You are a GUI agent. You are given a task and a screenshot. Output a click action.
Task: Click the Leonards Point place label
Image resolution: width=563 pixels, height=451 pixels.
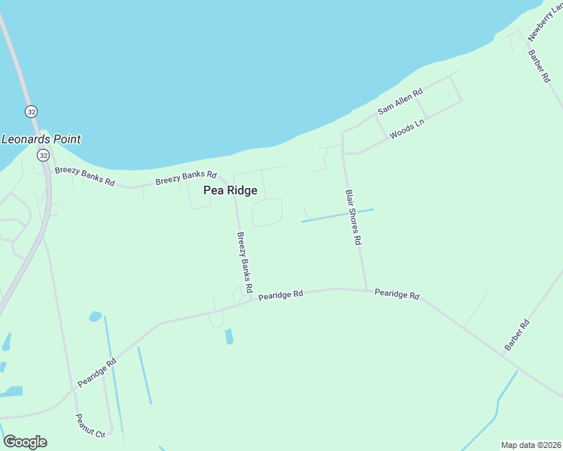[41, 139]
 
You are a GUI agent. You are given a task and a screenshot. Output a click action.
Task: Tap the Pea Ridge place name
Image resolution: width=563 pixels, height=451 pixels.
[230, 191]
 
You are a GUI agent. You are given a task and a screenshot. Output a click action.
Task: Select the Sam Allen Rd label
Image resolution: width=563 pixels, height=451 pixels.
[400, 101]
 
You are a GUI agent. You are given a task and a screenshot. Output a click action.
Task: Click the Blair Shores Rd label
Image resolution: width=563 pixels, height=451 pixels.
[354, 218]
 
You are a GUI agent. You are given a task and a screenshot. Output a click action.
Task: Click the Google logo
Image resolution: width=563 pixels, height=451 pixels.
[25, 442]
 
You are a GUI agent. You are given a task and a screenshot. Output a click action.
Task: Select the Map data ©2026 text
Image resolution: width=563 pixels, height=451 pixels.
[531, 445]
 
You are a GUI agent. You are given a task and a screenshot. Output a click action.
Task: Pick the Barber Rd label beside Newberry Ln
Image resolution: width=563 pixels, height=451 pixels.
[537, 66]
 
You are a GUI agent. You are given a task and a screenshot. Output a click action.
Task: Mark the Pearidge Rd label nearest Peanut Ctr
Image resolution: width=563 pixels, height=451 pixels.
[96, 372]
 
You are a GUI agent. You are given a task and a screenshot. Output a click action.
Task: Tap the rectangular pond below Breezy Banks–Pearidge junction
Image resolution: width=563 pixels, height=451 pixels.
[229, 336]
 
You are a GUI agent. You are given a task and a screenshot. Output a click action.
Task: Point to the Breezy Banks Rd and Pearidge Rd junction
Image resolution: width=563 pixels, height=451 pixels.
[250, 301]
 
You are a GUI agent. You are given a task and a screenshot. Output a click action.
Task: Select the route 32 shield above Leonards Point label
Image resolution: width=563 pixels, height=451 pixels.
[31, 111]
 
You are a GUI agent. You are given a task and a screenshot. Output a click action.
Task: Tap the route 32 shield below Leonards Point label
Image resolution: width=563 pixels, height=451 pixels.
[43, 155]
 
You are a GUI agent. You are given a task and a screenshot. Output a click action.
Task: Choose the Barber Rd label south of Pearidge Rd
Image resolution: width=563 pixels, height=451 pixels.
[517, 334]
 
